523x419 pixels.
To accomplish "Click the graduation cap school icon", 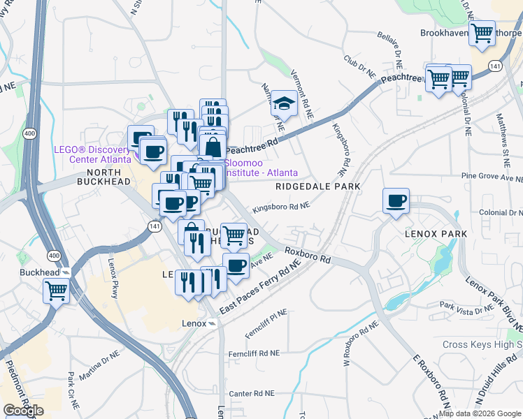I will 283,104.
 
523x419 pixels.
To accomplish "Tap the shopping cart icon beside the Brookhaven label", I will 482,33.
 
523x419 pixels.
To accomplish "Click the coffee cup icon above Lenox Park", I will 396,200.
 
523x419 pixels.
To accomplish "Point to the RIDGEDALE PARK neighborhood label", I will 317,186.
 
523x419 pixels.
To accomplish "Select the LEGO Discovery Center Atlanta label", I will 92,154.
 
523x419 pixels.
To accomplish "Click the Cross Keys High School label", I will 482,345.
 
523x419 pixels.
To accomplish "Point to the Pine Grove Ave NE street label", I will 491,178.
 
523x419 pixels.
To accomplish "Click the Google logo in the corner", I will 23,411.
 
